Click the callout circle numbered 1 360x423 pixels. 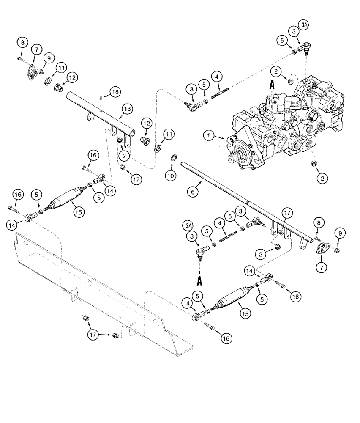click(x=208, y=136)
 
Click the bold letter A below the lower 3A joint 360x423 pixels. click(x=199, y=280)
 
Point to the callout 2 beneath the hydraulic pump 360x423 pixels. click(x=323, y=178)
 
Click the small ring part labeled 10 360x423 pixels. click(x=173, y=159)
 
